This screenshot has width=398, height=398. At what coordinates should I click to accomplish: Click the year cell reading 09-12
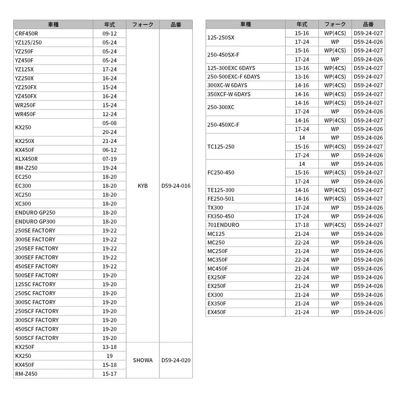pyautogui.click(x=110, y=33)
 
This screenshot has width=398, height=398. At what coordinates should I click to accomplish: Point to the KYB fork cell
pyautogui.click(x=143, y=186)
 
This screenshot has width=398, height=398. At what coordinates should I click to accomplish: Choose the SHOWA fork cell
pyautogui.click(x=143, y=360)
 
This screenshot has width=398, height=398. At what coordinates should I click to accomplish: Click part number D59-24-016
pyautogui.click(x=176, y=186)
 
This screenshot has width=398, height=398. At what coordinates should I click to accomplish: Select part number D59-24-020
pyautogui.click(x=176, y=360)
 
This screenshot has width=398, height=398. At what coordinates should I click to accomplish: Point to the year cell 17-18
pyautogui.click(x=302, y=225)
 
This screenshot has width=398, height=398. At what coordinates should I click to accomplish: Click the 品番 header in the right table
pyautogui.click(x=368, y=24)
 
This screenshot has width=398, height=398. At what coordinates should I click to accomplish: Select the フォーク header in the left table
pyautogui.click(x=143, y=24)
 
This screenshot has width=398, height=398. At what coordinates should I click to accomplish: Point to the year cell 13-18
pyautogui.click(x=110, y=347)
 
